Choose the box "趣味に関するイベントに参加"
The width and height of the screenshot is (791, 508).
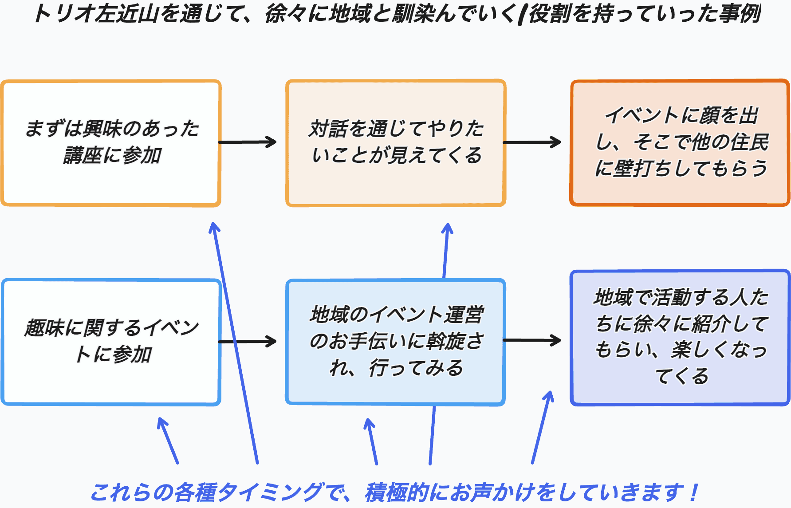111,342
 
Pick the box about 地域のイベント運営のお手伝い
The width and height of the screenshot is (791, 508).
396,342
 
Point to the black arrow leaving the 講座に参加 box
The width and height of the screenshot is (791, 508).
248,142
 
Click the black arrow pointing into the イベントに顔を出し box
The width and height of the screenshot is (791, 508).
532,142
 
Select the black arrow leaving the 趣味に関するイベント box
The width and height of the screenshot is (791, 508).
248,341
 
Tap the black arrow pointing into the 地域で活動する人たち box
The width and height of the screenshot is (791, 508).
532,340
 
